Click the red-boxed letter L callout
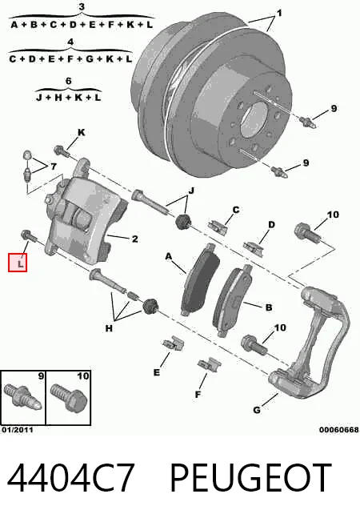(x=18, y=263)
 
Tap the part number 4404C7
(x=71, y=477)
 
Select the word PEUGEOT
(x=251, y=477)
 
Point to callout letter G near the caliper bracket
(x=257, y=410)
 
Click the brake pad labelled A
(x=201, y=279)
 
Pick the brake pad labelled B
(x=233, y=300)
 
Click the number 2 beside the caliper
(x=134, y=239)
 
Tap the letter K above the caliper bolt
(x=81, y=132)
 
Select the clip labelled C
(x=218, y=226)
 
